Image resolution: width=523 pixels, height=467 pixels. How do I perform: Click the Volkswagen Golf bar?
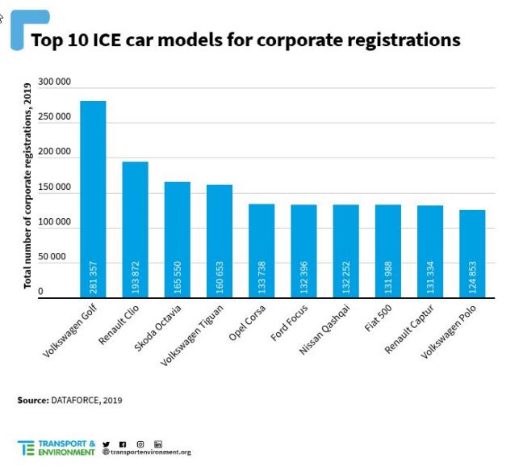click(92, 199)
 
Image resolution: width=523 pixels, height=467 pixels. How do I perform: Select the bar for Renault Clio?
click(135, 229)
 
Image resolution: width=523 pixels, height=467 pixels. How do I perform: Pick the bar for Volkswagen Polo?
click(472, 254)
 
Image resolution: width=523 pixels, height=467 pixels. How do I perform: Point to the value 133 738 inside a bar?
click(261, 277)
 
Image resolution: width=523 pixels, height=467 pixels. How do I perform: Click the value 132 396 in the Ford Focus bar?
click(303, 277)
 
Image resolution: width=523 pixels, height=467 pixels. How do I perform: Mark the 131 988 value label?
click(388, 277)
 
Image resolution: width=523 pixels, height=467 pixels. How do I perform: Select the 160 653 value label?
click(220, 277)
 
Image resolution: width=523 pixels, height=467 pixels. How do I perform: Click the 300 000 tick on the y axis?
click(54, 82)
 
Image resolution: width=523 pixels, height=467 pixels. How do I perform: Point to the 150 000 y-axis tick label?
click(54, 187)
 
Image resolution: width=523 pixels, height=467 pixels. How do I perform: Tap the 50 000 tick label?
click(56, 256)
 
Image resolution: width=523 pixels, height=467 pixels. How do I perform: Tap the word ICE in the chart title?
click(111, 40)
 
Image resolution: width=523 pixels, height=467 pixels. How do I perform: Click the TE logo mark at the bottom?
click(26, 447)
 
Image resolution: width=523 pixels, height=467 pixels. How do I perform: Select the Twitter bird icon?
click(106, 444)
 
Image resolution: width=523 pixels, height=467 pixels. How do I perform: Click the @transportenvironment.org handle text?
click(147, 452)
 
